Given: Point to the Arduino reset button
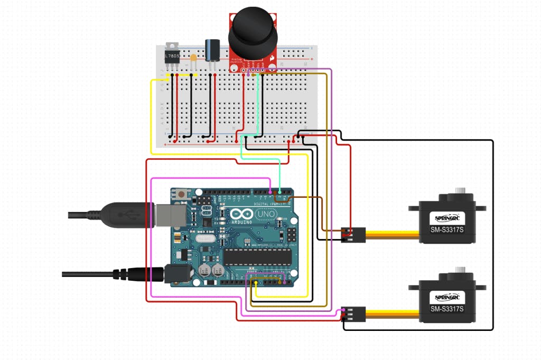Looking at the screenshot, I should pos(182,194).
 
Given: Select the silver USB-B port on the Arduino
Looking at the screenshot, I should pos(166,214).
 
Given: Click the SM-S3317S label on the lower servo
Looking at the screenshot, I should pos(446,309).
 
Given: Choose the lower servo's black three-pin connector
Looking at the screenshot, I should pos(353,313).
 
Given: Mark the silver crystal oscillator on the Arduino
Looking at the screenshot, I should pos(204,239).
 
